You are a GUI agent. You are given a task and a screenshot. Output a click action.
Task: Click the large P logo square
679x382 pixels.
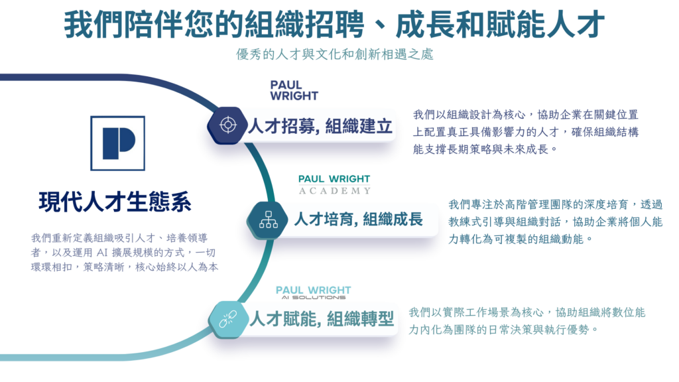(x=117, y=144)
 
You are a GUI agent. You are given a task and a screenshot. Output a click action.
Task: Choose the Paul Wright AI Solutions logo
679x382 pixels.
(x=313, y=292)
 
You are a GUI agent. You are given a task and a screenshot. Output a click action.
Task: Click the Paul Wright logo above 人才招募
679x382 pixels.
(x=294, y=90)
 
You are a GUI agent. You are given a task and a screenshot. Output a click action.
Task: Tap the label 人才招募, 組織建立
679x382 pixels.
(x=320, y=126)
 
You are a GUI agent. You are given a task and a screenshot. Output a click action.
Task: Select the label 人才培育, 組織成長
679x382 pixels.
(x=358, y=220)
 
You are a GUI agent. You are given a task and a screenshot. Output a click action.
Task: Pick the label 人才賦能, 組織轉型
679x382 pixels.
(x=322, y=320)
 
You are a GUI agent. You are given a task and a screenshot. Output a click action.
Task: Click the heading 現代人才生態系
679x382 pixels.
(x=115, y=202)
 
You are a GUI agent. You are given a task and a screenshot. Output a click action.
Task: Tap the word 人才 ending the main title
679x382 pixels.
(x=576, y=25)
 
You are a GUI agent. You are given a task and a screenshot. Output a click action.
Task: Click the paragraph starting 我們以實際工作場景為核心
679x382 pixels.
(x=526, y=320)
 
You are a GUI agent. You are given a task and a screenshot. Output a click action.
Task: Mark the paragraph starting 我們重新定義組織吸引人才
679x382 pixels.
(x=124, y=251)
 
